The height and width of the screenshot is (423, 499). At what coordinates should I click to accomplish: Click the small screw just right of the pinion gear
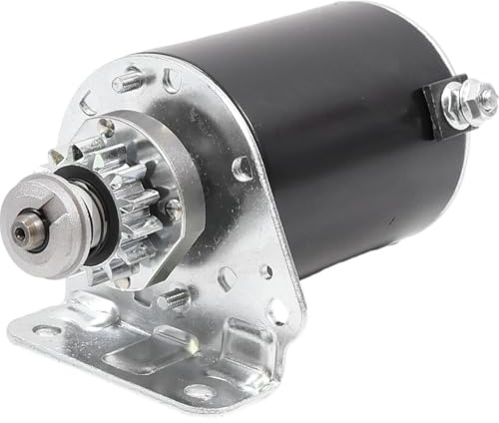point(173,211)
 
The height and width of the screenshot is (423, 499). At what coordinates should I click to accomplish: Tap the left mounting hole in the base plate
point(46,330)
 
